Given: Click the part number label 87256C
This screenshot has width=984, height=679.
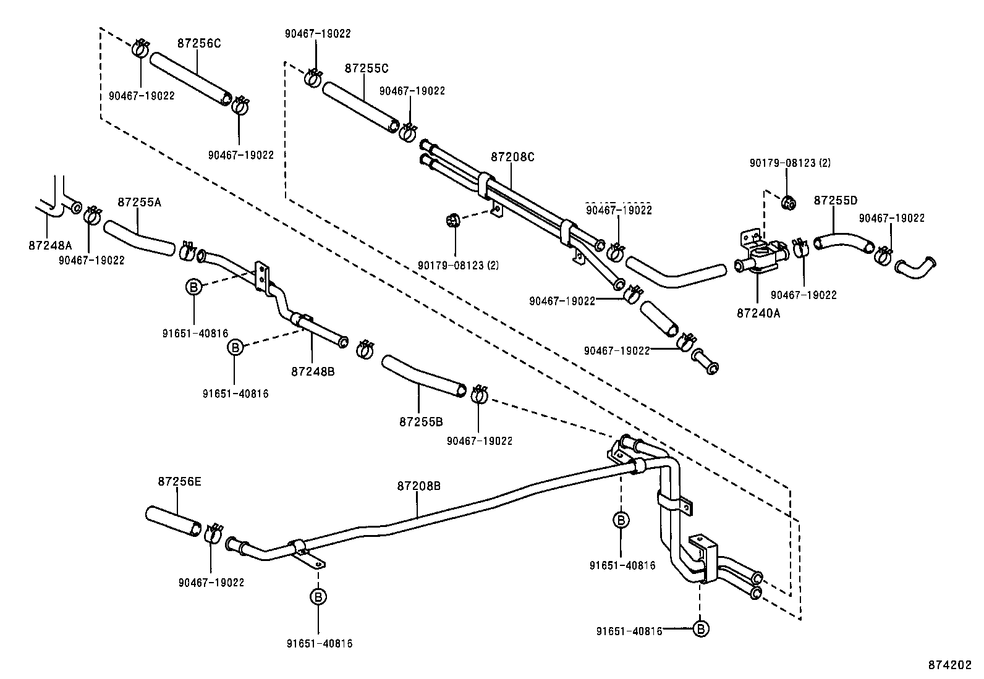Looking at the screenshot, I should tap(199, 43).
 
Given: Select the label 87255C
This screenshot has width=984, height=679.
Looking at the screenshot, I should tap(367, 68).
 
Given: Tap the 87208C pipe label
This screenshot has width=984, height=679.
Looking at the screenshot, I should tap(512, 157).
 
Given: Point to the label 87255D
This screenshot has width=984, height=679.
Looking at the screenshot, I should tap(836, 201).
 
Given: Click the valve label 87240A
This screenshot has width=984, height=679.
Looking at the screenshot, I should tap(758, 313).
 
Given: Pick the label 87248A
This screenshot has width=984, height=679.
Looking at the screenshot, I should tap(50, 245).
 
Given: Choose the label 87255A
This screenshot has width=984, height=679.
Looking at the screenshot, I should tap(139, 202).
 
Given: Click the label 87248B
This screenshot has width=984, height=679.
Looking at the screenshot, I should tap(313, 371).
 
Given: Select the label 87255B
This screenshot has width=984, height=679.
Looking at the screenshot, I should tap(421, 421).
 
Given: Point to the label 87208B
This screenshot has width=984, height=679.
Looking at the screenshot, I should tap(418, 486).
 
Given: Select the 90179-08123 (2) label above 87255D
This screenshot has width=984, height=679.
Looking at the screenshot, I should tap(790, 163).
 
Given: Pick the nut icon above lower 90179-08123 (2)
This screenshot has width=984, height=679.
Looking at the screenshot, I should tap(452, 220).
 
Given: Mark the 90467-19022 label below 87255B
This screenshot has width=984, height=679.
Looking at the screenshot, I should tap(480, 441).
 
